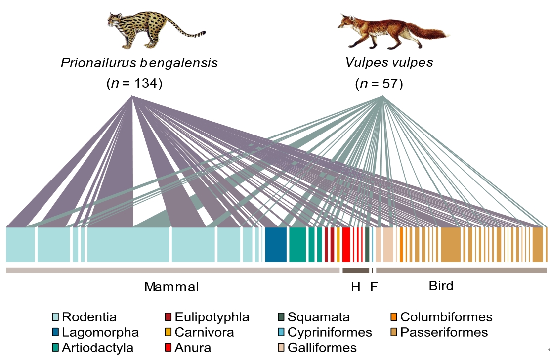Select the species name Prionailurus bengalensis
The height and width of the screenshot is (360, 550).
[139, 63]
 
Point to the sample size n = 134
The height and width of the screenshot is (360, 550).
[134, 84]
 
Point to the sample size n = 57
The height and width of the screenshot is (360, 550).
[379, 84]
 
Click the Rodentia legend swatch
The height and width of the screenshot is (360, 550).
[56, 317]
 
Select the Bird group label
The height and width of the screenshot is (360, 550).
[441, 286]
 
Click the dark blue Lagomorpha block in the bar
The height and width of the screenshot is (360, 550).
[276, 244]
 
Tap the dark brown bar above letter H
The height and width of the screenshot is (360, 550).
[356, 270]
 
